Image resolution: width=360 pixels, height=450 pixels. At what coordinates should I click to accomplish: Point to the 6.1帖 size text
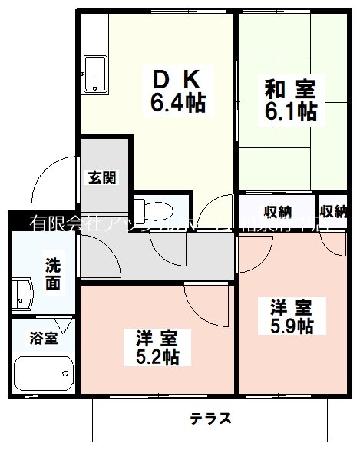point(291,112)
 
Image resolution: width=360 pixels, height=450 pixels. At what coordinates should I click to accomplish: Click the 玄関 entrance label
point(101,178)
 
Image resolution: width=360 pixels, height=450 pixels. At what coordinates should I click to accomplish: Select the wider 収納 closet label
point(276,210)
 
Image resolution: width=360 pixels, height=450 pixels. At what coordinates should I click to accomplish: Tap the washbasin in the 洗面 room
point(22,296)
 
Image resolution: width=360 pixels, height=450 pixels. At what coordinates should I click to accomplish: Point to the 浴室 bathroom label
point(42,338)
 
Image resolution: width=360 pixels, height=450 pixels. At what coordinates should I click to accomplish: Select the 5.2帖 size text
point(159,357)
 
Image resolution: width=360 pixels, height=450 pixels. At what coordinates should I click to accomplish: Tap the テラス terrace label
point(210,419)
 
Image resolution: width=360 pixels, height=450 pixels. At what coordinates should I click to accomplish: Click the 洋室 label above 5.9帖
point(289,306)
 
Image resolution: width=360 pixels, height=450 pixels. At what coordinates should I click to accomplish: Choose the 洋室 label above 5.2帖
point(157,337)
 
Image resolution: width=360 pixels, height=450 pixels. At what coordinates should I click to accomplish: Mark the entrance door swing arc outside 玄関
point(50,177)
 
